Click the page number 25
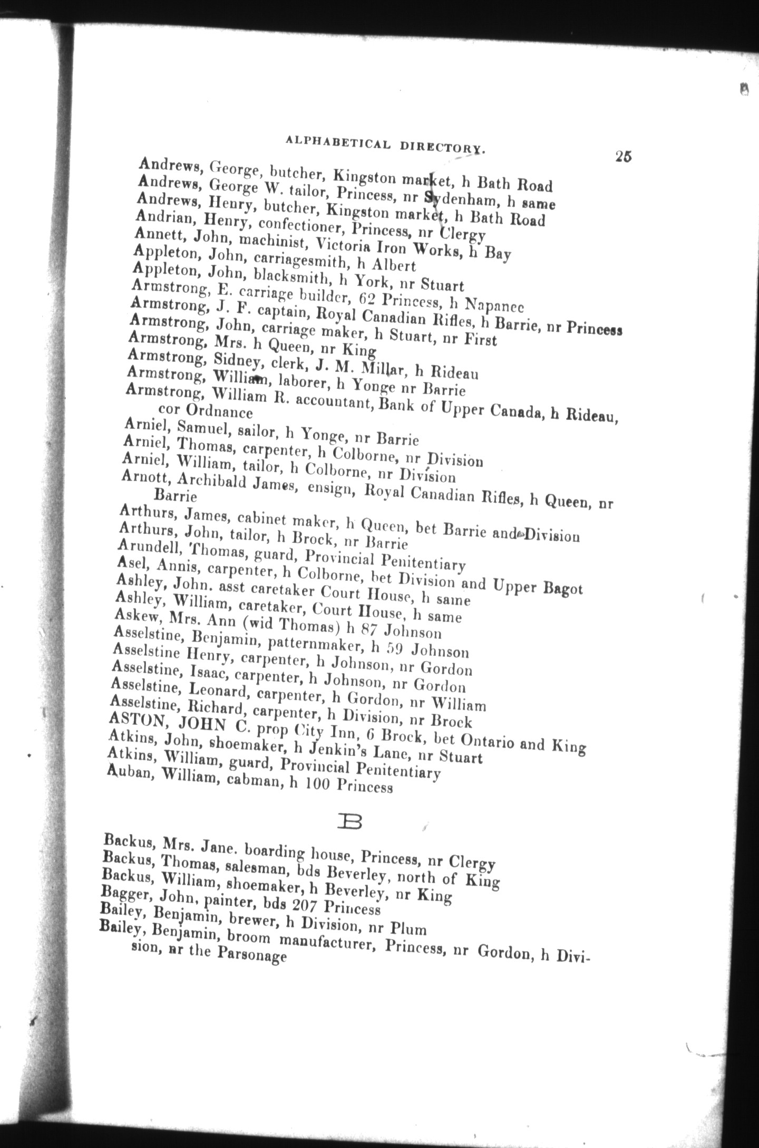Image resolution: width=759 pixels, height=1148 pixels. (622, 157)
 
